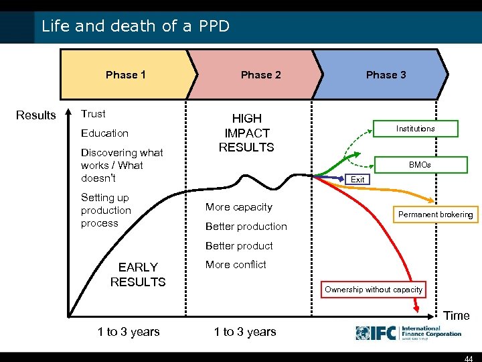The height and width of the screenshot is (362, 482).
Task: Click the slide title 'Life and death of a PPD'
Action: coord(135,26)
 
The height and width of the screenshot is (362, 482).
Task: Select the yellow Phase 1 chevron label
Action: coord(125,74)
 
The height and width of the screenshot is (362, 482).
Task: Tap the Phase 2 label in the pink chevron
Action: coord(260,74)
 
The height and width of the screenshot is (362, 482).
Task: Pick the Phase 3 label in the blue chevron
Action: coord(386,74)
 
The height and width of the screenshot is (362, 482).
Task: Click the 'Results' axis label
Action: coord(36,115)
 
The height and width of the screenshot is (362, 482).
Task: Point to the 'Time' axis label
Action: coord(457,316)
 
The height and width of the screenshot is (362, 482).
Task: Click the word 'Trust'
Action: coord(93,114)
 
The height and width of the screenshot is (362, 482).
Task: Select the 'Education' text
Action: coord(104,133)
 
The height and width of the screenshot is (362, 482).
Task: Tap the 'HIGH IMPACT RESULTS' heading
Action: coord(246,133)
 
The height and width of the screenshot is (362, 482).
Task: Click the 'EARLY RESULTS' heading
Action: coord(138,275)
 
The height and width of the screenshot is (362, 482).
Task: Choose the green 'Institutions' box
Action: coord(415,128)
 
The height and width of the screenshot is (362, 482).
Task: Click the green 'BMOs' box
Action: coord(420,164)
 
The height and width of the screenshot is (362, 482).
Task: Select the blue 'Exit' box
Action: coord(358,180)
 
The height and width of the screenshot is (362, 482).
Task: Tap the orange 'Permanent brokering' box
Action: coord(435,215)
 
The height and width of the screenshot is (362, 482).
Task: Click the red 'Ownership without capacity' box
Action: coord(374,290)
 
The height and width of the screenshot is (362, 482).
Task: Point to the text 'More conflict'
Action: coord(236,265)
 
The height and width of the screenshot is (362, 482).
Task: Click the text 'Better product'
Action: coord(239,245)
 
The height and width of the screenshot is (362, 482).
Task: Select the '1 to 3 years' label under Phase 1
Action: coord(129,331)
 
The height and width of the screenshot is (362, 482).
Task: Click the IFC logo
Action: coord(408,333)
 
